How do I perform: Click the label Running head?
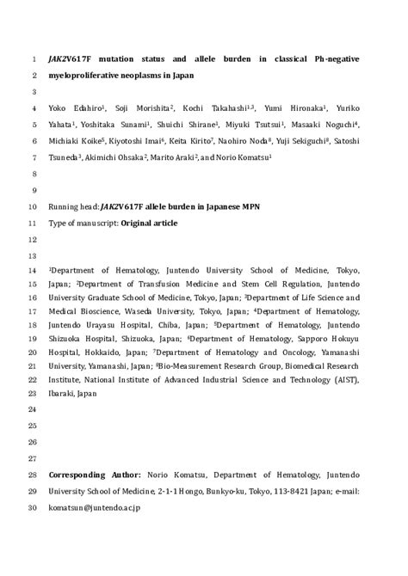(72, 207)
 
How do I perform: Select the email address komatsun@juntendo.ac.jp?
(95, 507)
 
